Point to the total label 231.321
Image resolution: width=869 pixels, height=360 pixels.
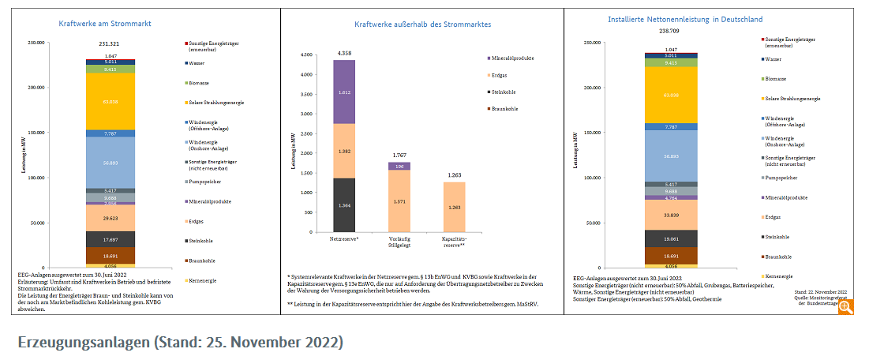coord(110,43)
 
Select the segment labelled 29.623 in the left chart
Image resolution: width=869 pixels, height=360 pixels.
coord(110,217)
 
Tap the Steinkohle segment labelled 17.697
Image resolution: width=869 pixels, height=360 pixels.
coord(110,238)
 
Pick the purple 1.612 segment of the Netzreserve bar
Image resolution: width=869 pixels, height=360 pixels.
coord(344,92)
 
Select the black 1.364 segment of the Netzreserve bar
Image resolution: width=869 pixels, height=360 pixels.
coord(344,205)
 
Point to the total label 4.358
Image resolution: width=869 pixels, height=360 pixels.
coord(344,53)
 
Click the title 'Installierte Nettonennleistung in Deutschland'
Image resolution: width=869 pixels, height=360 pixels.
coord(685,19)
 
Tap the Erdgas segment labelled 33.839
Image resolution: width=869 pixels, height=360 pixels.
coord(670,214)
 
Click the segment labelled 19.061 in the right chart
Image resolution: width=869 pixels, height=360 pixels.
coord(670,238)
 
